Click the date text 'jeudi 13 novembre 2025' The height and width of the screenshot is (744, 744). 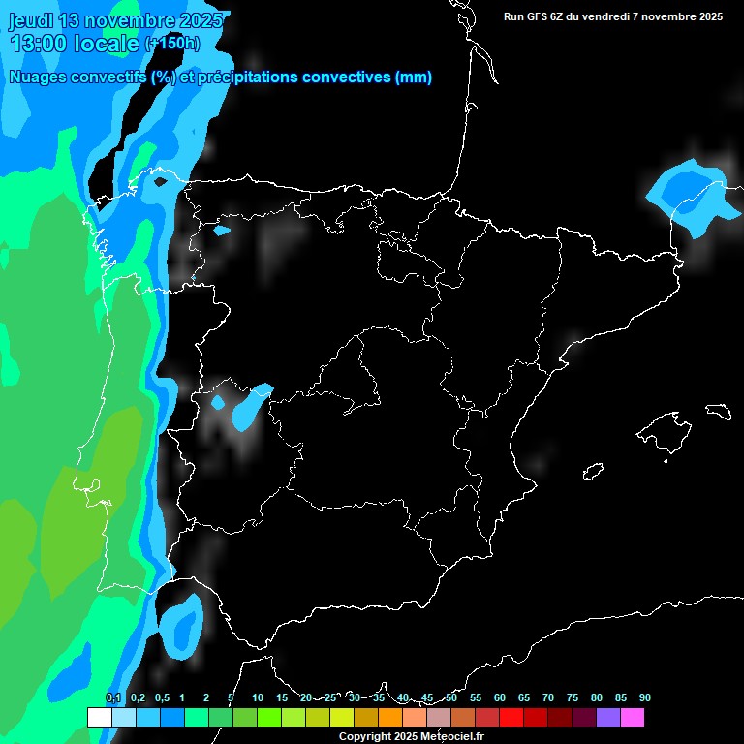(116, 20)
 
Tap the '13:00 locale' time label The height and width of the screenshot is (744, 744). (75, 44)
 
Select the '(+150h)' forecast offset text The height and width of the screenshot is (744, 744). (172, 43)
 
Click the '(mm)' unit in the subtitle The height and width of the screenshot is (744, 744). (414, 77)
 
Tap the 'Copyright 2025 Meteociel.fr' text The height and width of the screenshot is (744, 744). (411, 736)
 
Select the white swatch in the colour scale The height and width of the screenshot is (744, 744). (99, 717)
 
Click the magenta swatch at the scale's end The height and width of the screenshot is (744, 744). (632, 717)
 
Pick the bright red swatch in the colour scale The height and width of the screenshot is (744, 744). (511, 717)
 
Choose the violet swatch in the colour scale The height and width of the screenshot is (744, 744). (607, 717)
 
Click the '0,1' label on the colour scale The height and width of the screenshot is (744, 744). (113, 697)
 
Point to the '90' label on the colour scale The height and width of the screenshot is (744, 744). (645, 697)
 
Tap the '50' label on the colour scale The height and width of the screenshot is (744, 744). (451, 697)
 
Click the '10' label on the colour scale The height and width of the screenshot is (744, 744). (258, 697)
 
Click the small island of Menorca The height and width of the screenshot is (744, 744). (718, 411)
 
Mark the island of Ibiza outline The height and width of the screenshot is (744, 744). (593, 472)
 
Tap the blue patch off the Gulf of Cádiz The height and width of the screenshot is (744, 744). (181, 622)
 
